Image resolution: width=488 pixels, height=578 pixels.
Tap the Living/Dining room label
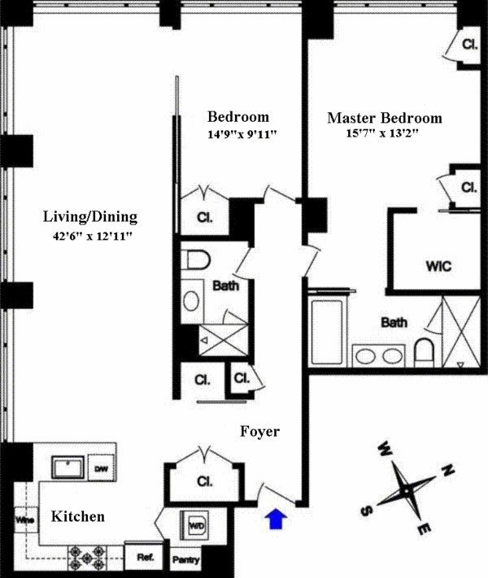89,217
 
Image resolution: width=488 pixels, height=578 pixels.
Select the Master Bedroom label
384,118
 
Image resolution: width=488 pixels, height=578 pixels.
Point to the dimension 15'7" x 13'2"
383,134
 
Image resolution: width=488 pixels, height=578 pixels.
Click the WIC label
437,266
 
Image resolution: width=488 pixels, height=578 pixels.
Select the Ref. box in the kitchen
146,558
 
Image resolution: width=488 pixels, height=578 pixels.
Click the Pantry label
185,561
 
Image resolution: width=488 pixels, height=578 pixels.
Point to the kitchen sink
68,468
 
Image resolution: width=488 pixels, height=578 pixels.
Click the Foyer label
259,432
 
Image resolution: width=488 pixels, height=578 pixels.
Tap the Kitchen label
78,516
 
